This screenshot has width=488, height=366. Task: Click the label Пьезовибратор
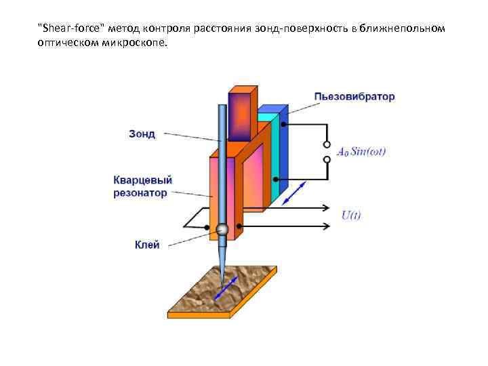click(x=354, y=96)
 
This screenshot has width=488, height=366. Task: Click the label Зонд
click(x=142, y=134)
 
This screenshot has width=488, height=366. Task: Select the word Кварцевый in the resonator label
click(x=142, y=180)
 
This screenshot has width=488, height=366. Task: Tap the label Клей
click(x=147, y=245)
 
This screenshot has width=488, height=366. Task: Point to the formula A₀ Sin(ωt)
click(x=361, y=151)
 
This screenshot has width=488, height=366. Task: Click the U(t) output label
click(x=351, y=216)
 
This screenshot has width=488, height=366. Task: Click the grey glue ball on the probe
click(x=222, y=230)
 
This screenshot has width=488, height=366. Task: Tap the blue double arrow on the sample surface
click(x=224, y=289)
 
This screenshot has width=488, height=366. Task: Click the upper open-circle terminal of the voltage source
click(x=326, y=144)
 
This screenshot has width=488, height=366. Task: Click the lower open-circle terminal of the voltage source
click(x=326, y=160)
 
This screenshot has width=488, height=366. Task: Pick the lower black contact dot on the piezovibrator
click(x=275, y=180)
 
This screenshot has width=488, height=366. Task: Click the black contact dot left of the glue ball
click(x=207, y=228)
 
